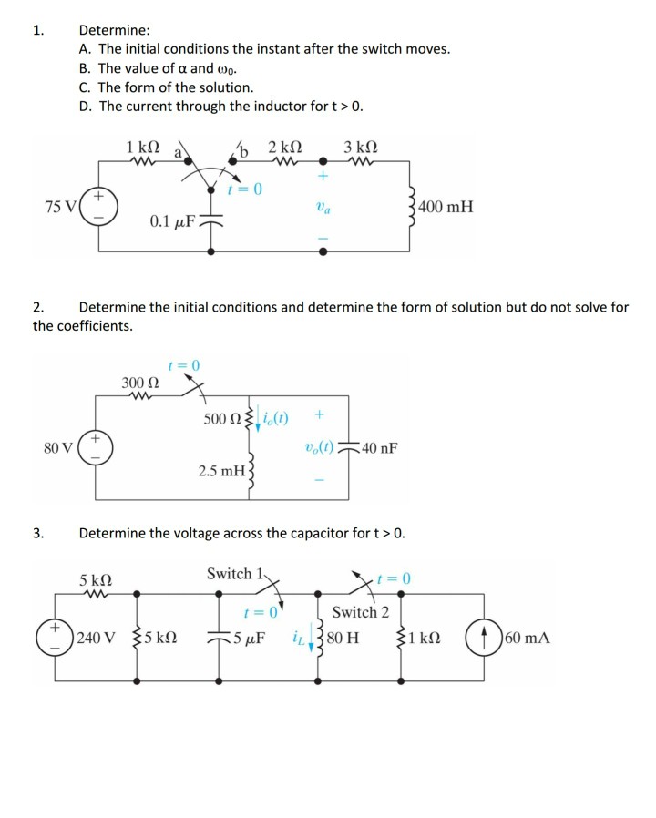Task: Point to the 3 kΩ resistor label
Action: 362,147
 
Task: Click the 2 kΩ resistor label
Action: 285,147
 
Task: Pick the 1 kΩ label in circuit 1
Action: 144,147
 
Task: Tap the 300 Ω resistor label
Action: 139,382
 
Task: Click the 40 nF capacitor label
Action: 380,448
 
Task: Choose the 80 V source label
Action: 59,447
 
